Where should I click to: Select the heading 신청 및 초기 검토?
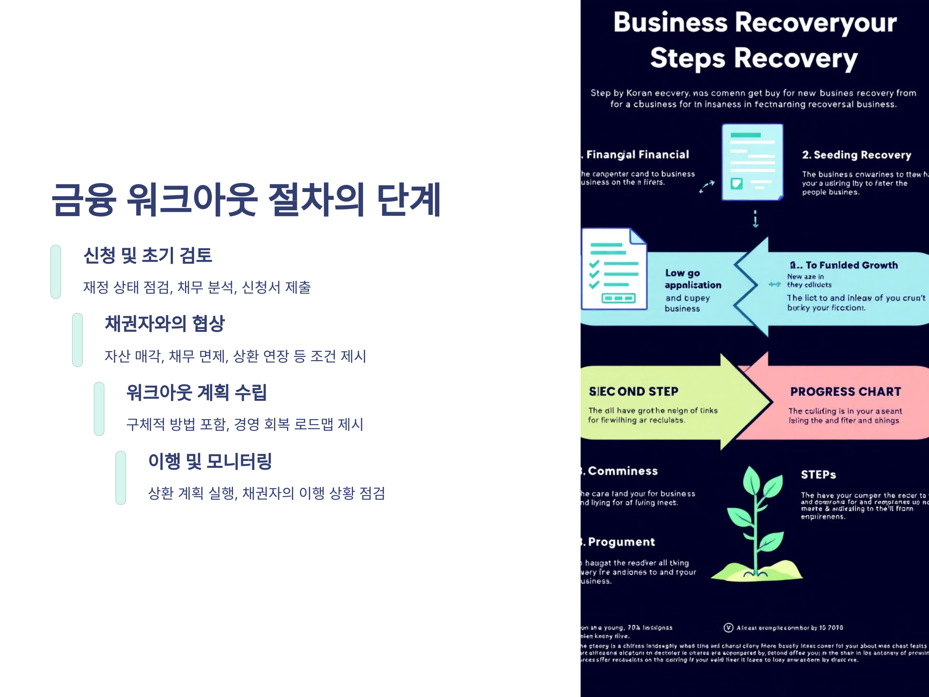pos(148,256)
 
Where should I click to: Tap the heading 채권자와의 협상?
pos(165,323)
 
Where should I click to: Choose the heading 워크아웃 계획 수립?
pos(197,392)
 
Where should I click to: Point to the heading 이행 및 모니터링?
pos(210,461)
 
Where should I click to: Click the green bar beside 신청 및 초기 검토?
pos(56,272)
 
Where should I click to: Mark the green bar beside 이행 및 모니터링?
pos(121,478)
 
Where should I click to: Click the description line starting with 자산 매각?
pos(235,356)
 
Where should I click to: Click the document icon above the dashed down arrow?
pos(752,162)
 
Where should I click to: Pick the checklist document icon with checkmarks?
pos(614,269)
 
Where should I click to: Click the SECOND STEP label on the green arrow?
pos(633,391)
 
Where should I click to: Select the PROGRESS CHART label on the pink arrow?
pos(845,391)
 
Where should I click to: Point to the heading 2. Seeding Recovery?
pos(856,155)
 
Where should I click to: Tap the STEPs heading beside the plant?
pos(818,475)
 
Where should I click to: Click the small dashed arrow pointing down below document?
pos(756,219)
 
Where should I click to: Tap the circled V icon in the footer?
pos(728,628)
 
